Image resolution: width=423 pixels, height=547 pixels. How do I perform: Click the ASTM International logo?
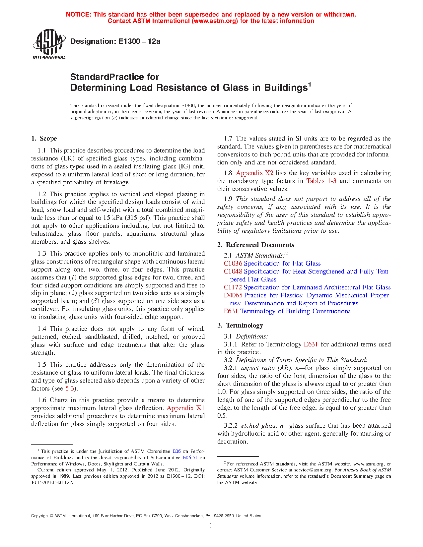(49, 44)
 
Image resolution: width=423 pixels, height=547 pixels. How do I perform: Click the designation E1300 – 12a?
(115, 41)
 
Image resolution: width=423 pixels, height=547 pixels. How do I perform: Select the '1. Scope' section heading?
(44, 139)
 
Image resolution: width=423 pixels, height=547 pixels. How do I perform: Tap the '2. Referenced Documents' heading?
(256, 245)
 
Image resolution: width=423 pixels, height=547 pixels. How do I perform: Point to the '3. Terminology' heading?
(241, 326)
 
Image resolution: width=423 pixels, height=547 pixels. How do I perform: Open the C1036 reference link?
(233, 264)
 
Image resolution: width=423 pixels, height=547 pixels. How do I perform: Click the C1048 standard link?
(233, 272)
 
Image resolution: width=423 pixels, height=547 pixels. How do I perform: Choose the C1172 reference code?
(233, 287)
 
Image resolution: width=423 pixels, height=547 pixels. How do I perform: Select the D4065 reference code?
(233, 295)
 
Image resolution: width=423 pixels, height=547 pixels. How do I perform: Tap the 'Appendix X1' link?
(185, 408)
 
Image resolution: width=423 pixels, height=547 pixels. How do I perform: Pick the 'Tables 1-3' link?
(321, 181)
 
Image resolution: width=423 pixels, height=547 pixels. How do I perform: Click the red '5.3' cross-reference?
(70, 389)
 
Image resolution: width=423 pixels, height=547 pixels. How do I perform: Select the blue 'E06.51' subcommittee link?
(190, 457)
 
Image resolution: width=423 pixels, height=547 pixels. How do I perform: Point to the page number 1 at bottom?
(211, 525)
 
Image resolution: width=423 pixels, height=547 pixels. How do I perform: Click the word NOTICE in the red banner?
(78, 15)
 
